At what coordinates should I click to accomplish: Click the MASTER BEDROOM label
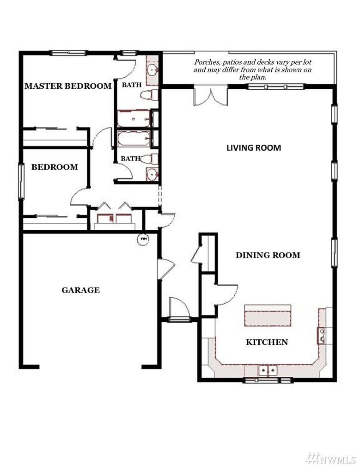[68, 86]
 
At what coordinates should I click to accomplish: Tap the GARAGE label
[80, 290]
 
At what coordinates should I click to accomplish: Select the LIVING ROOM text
[254, 148]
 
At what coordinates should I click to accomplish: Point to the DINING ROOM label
[268, 255]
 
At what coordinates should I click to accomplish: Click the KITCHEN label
[267, 342]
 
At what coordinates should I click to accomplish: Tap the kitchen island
[268, 315]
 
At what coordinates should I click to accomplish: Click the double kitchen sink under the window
[268, 371]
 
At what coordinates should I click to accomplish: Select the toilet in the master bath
[149, 95]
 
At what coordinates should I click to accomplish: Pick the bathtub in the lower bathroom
[134, 139]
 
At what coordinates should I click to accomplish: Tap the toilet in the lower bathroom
[149, 159]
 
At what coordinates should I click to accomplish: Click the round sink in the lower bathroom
[153, 174]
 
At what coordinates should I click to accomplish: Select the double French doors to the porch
[211, 96]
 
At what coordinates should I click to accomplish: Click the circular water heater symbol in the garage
[143, 239]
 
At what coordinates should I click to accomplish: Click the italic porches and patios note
[253, 69]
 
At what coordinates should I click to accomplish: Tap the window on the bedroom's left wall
[21, 181]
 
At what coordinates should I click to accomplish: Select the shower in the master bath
[134, 118]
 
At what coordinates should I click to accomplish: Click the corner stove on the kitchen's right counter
[321, 335]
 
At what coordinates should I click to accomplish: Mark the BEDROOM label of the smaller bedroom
[55, 167]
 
